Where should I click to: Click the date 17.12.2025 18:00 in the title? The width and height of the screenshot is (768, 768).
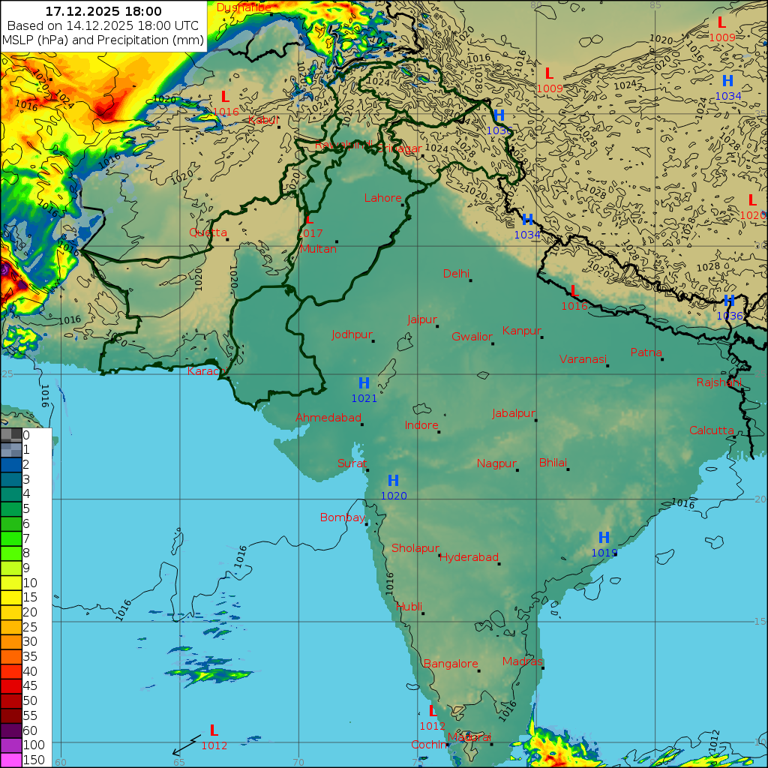(x=103, y=11)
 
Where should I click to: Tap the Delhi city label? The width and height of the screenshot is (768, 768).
(x=456, y=274)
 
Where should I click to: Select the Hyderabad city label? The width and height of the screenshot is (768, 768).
(x=469, y=557)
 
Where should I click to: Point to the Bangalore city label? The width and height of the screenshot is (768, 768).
(x=451, y=664)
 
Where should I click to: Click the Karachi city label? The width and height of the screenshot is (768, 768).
(x=206, y=371)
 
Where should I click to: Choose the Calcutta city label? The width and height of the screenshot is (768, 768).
(x=712, y=430)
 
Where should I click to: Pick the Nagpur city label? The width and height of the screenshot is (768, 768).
(x=496, y=463)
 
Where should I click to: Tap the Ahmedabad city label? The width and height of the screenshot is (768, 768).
(x=328, y=418)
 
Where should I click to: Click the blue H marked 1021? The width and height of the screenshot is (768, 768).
(x=364, y=384)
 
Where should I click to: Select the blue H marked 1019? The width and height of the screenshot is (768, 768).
(x=604, y=538)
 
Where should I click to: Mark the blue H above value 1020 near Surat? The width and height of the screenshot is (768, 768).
(x=393, y=481)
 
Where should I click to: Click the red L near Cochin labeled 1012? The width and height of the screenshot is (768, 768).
(x=433, y=711)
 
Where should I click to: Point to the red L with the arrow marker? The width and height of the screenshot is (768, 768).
(x=214, y=730)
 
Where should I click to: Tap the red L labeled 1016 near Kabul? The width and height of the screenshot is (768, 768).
(x=225, y=97)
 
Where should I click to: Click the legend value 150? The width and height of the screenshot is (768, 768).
(x=34, y=760)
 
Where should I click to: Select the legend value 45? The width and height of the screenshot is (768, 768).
(x=30, y=685)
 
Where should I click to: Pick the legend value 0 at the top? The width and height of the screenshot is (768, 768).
(x=26, y=435)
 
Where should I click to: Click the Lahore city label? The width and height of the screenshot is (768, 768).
(x=382, y=199)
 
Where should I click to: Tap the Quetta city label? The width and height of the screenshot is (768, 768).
(x=208, y=232)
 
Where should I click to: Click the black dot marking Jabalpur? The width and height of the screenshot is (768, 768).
(x=536, y=420)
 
